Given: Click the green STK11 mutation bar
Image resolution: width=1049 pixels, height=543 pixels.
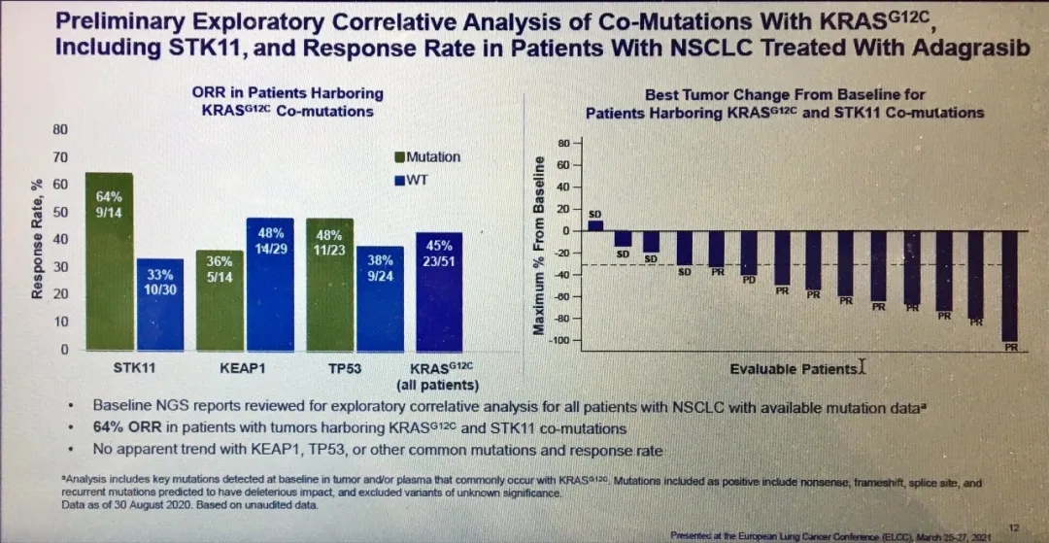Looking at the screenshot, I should (x=109, y=262).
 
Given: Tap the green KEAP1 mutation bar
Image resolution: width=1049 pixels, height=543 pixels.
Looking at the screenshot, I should (x=220, y=300).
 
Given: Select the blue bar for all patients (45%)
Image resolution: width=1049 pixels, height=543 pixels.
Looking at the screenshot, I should (x=439, y=291).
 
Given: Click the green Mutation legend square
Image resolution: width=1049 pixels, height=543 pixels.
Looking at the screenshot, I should (x=399, y=157).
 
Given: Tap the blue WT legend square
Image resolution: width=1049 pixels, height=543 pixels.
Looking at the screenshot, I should (x=399, y=181).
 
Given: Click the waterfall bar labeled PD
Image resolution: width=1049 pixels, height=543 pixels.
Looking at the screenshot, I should (x=749, y=254).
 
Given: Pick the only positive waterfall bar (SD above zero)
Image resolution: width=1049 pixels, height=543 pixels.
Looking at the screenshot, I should (x=595, y=225).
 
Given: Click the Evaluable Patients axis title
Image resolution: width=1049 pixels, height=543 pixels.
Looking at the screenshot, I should (x=794, y=369).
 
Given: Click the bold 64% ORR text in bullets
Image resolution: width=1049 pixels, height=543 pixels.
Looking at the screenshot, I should (x=121, y=428).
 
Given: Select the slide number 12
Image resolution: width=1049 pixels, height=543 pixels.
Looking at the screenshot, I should (x=1014, y=526).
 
